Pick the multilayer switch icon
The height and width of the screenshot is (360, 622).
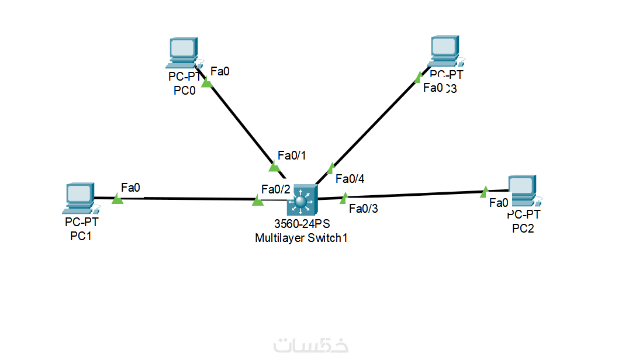[301, 200]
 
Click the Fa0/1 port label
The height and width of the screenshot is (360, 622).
[292, 155]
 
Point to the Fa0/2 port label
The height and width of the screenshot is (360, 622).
[276, 189]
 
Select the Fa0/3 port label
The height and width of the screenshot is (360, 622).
[363, 208]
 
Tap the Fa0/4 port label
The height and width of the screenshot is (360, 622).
[350, 179]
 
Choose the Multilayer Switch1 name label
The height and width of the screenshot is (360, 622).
[297, 238]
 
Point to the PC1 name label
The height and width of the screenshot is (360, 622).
[81, 236]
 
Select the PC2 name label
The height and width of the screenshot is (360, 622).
[523, 229]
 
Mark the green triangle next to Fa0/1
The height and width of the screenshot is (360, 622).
[274, 167]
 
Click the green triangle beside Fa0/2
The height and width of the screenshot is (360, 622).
[258, 200]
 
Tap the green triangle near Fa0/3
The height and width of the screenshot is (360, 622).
[344, 198]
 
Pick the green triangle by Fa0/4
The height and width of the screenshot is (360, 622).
[331, 169]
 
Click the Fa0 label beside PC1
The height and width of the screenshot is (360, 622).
[130, 188]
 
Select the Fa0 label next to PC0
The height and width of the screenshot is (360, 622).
[220, 71]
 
